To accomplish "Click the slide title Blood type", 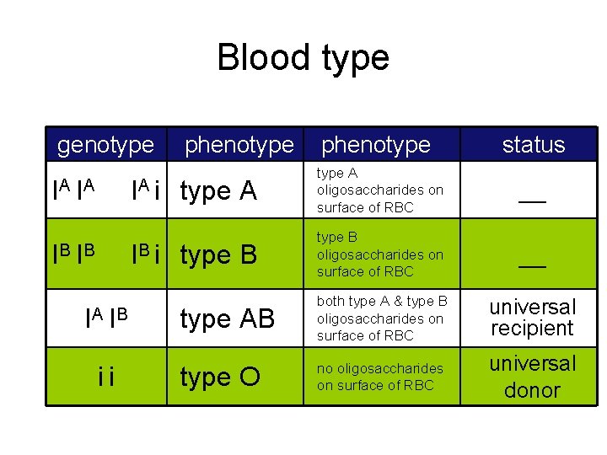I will pyautogui.click(x=303, y=57).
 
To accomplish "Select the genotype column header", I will pyautogui.click(x=105, y=145).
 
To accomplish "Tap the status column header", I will pyautogui.click(x=533, y=145).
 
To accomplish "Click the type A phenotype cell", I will pyautogui.click(x=218, y=192).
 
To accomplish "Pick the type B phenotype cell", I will pyautogui.click(x=218, y=254).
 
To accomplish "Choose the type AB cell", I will pyautogui.click(x=228, y=319).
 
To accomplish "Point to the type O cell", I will pyautogui.click(x=220, y=377).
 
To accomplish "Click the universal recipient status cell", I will pyautogui.click(x=532, y=318).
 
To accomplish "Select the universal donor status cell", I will pyautogui.click(x=532, y=377).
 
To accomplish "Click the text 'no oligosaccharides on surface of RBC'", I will pyautogui.click(x=379, y=377).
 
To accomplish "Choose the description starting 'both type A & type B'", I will pyautogui.click(x=382, y=318).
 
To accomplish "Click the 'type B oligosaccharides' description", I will pyautogui.click(x=379, y=254).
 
